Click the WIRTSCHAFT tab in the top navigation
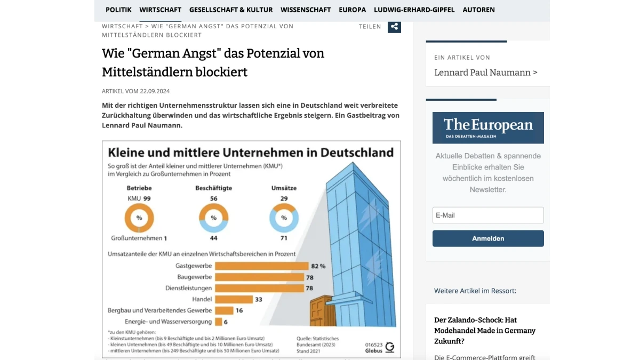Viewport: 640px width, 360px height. [x=160, y=10]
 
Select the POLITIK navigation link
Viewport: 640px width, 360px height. [x=118, y=10]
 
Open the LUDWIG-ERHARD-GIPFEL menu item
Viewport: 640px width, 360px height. [x=414, y=10]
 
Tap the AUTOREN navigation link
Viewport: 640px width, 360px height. [x=478, y=10]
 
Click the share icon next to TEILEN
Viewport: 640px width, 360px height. [x=394, y=27]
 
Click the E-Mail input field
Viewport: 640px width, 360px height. [x=487, y=215]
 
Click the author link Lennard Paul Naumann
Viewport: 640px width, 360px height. [x=485, y=73]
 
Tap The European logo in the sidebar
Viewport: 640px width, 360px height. [x=488, y=127]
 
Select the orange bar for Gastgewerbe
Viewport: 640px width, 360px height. [x=261, y=266]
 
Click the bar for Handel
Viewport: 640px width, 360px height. [x=233, y=299]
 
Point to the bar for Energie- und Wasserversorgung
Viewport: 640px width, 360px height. [x=218, y=322]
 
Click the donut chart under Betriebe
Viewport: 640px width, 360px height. [x=139, y=218]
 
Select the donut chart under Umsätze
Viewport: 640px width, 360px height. [x=284, y=218]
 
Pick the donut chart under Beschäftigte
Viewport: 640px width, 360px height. [x=213, y=218]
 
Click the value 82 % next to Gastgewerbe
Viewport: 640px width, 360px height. [x=319, y=266]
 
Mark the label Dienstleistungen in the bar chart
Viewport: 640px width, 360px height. [x=188, y=288]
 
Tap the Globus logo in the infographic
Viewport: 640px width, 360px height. [x=390, y=347]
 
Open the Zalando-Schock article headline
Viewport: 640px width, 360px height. [x=484, y=330]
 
